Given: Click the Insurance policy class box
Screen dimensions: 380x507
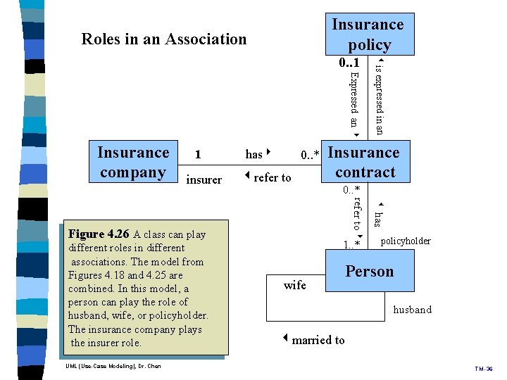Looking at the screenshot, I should [x=368, y=34].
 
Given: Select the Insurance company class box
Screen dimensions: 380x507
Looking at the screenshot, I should [x=133, y=163].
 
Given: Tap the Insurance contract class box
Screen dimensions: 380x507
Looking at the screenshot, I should [x=364, y=163].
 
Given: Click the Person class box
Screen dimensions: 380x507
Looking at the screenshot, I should [x=369, y=272].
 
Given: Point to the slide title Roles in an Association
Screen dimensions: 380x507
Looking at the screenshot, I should [x=164, y=39].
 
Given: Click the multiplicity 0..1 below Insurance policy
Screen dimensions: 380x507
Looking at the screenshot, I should [x=353, y=63].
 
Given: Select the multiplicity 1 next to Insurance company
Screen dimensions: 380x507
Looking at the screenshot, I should [x=198, y=154].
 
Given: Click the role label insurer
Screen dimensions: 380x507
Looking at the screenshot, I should [x=204, y=180].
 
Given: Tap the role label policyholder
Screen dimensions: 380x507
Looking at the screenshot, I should [x=405, y=241].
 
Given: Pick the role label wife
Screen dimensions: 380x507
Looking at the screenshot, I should [x=294, y=285].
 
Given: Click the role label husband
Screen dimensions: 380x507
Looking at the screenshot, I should [x=412, y=310].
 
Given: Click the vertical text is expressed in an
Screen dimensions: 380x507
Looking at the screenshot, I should [x=378, y=99].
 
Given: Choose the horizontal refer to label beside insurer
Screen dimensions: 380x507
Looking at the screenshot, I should [x=268, y=177].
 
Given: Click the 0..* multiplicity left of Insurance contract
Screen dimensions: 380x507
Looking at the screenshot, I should [x=310, y=155].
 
